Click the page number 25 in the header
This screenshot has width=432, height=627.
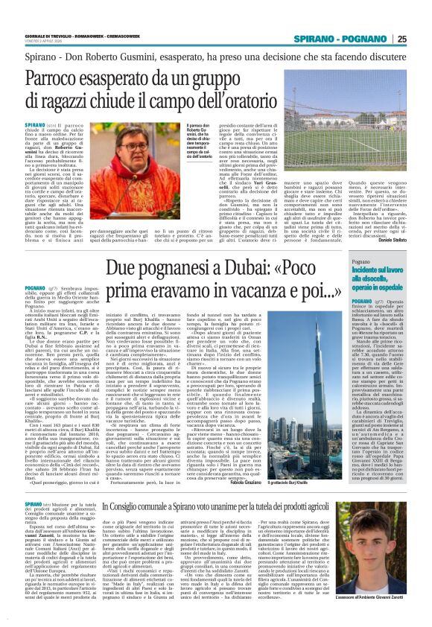[401, 39]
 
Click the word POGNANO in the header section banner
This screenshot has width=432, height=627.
[365, 39]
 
